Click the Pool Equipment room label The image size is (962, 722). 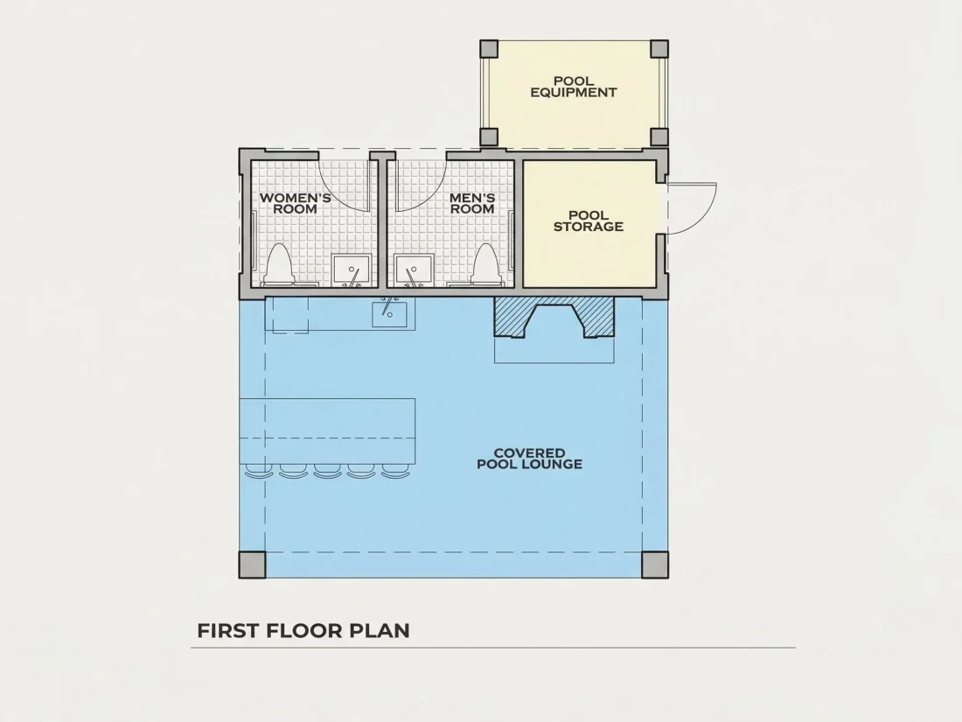(x=574, y=87)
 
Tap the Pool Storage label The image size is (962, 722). (x=589, y=221)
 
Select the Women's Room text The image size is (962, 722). (x=295, y=203)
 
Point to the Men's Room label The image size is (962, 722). (x=472, y=203)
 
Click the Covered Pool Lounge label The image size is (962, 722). (x=529, y=459)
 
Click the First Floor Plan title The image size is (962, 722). (x=303, y=630)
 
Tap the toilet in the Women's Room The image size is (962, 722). (x=279, y=265)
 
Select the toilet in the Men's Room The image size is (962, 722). (x=486, y=265)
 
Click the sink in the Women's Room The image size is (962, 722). (x=352, y=270)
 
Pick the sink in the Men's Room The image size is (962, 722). (x=415, y=270)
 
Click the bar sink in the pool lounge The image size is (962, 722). (x=389, y=313)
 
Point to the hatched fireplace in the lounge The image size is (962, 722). (x=554, y=317)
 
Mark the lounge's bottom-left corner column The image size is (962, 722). (x=252, y=564)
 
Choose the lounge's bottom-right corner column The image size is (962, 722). (x=655, y=564)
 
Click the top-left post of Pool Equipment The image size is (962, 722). (x=489, y=49)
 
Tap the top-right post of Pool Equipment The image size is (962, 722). (x=659, y=49)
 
